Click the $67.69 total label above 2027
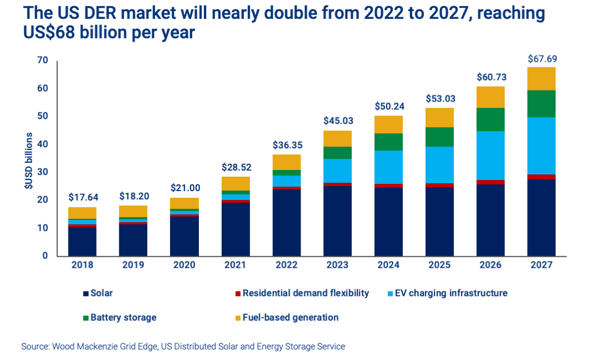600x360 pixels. (x=541, y=58)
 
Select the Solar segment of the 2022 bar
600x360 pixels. (x=286, y=222)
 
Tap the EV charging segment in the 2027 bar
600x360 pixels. (x=541, y=146)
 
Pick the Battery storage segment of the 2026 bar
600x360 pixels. (x=490, y=119)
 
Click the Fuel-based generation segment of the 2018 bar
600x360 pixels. (x=82, y=213)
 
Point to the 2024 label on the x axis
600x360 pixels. (x=388, y=265)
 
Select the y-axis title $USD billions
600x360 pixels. (x=28, y=161)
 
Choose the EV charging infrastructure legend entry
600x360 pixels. (x=448, y=293)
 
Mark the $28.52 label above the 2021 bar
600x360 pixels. (x=235, y=168)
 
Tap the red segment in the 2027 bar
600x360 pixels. (x=541, y=177)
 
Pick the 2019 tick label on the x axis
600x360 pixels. (x=133, y=265)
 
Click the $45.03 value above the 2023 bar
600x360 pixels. (x=337, y=121)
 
